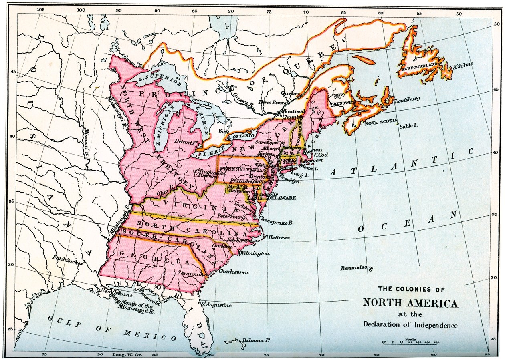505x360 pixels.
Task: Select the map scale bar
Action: [410, 342]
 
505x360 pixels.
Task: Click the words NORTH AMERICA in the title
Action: [410, 303]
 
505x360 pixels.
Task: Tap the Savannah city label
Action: [192, 274]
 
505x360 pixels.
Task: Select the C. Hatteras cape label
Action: [277, 237]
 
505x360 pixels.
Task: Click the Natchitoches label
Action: [67, 261]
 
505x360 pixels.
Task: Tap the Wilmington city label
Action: [255, 254]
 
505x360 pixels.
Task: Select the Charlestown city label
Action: [233, 272]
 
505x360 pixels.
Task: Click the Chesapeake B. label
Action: [277, 220]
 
